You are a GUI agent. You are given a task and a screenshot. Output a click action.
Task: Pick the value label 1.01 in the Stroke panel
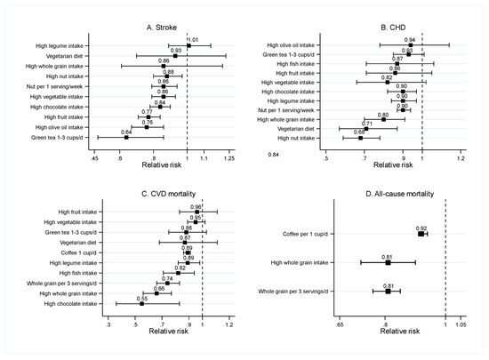(x=191, y=39)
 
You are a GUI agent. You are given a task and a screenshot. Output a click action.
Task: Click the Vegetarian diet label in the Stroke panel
(x=70, y=56)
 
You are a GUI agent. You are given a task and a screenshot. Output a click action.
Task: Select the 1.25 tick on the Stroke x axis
(x=228, y=158)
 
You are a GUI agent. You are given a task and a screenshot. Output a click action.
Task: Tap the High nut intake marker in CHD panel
(x=361, y=138)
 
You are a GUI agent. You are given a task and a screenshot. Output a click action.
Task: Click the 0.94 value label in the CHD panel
(x=410, y=39)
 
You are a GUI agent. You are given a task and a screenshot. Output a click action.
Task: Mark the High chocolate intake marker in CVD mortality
(x=141, y=304)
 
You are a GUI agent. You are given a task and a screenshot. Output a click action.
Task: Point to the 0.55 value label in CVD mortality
(x=142, y=299)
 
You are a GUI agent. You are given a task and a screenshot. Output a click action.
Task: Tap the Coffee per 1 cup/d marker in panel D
(x=421, y=233)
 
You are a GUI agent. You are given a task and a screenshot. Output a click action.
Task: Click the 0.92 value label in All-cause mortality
(x=422, y=228)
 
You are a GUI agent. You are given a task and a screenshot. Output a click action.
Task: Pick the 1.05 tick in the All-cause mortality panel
(x=461, y=325)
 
